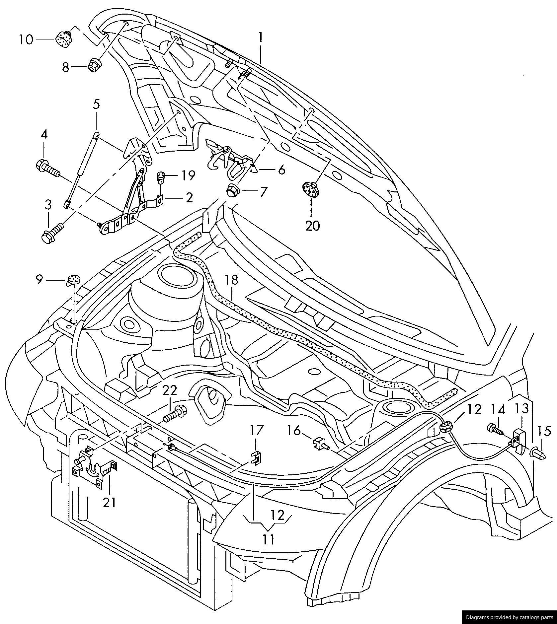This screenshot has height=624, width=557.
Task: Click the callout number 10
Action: [x=26, y=40]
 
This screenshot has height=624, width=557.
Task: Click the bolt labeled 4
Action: [x=47, y=168]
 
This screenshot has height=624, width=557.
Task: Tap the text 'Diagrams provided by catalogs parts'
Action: [x=510, y=617]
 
